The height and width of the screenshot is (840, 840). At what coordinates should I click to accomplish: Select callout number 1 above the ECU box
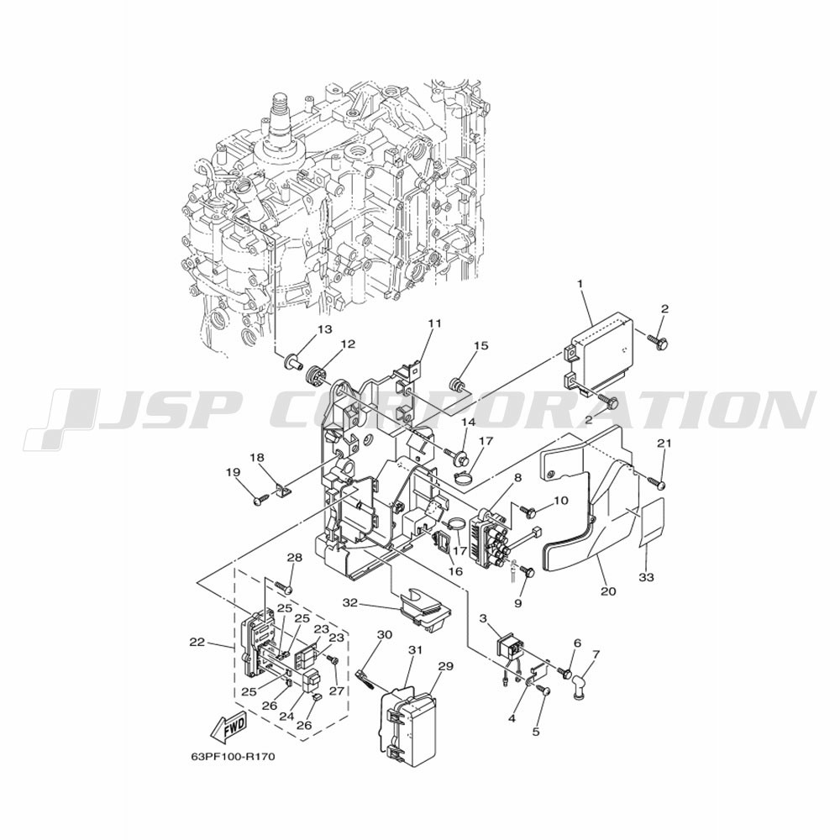581,283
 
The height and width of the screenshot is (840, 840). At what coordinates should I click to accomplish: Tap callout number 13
324,328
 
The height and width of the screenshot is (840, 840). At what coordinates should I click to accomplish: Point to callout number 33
648,578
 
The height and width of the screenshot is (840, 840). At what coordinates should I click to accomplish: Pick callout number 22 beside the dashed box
197,641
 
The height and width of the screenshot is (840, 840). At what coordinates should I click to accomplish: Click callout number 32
349,601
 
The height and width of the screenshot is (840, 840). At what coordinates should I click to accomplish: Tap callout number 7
596,654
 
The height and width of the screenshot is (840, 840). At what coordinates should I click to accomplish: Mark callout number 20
608,591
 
